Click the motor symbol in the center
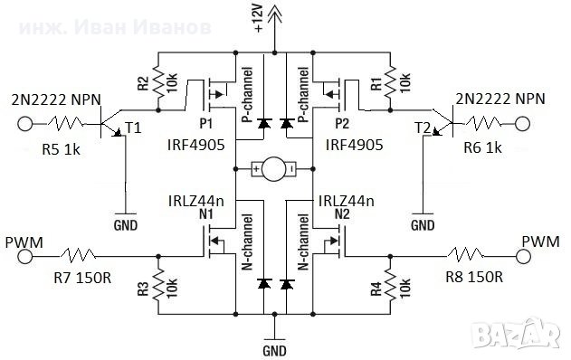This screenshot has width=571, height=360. coord(272,169)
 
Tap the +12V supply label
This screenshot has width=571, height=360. coord(261,17)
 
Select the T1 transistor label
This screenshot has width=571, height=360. coord(133,128)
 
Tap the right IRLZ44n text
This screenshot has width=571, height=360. coord(346,201)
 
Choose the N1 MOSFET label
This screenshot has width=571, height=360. coord(206,215)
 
